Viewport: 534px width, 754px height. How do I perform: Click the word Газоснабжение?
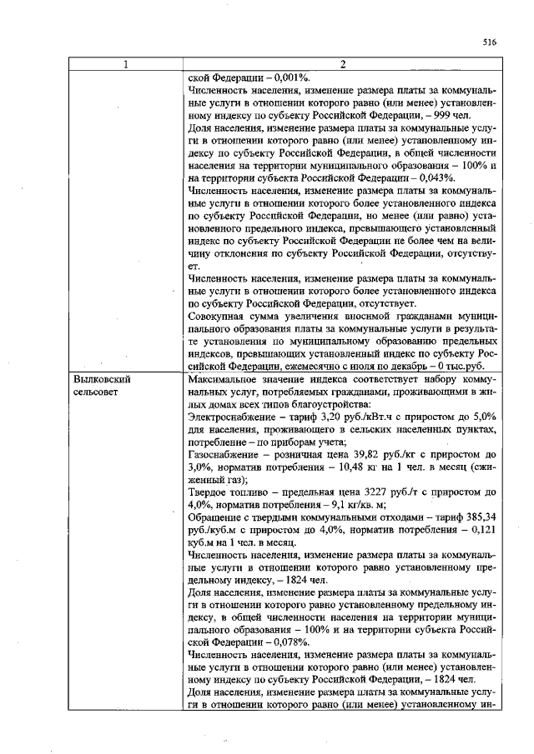226,454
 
